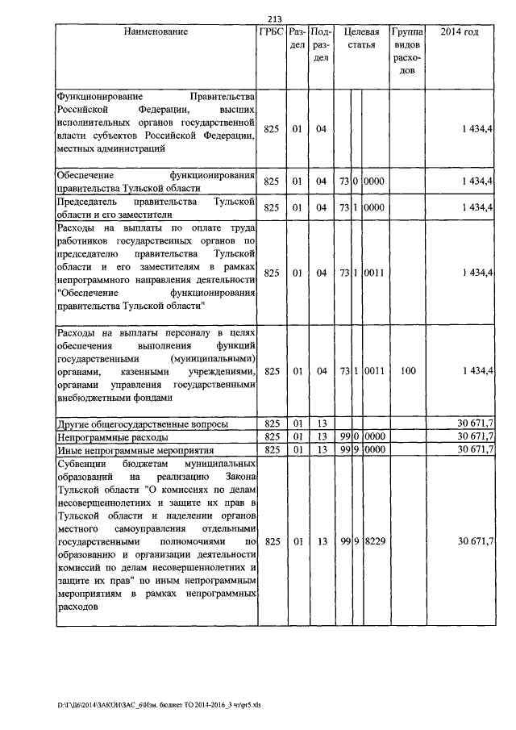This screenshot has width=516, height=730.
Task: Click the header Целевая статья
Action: click(360, 38)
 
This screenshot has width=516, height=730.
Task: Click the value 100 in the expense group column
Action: click(408, 371)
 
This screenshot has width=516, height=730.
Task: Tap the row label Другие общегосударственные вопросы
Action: click(141, 423)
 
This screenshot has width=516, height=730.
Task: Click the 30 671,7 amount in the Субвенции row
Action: click(476, 540)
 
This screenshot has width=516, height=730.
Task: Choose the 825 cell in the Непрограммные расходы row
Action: click(271, 436)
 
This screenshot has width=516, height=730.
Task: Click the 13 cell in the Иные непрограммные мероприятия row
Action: click(321, 449)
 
